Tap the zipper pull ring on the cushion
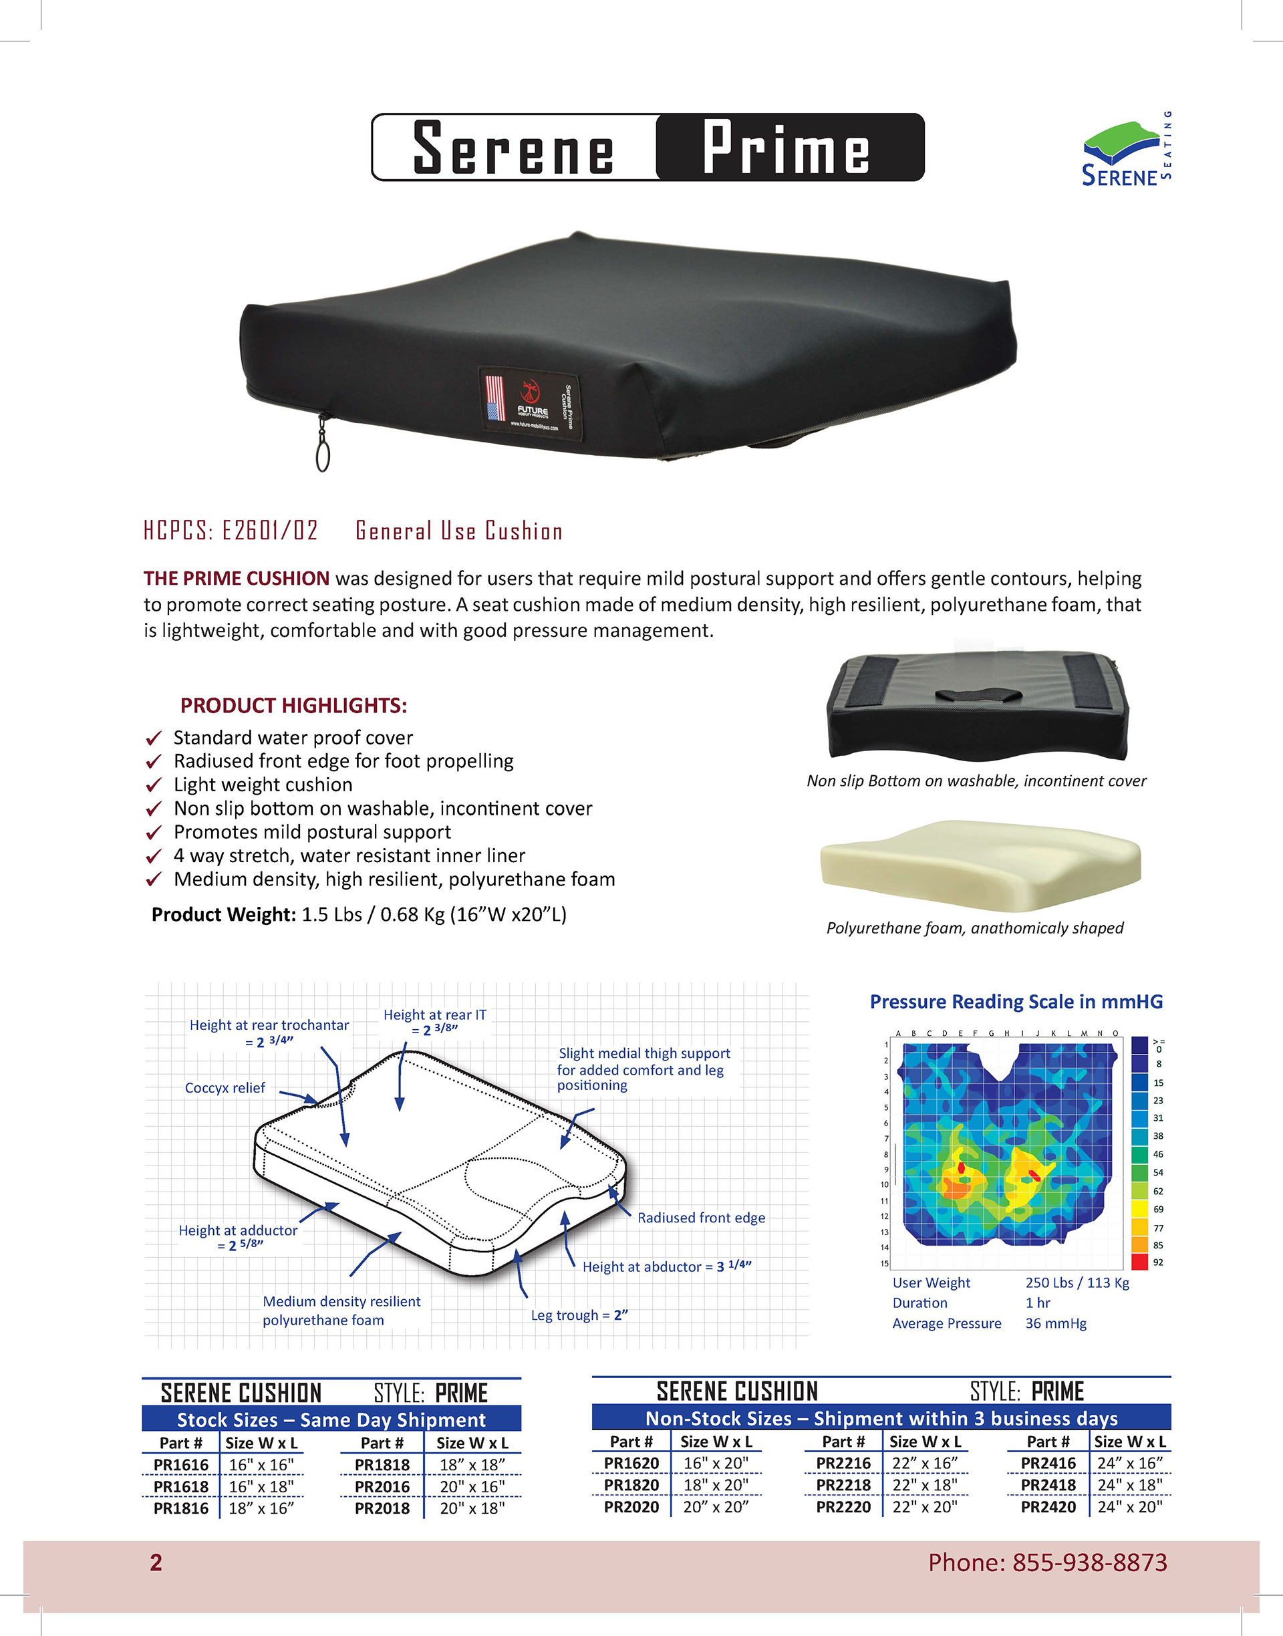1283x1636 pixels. click(x=323, y=454)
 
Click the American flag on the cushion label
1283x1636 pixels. click(x=495, y=398)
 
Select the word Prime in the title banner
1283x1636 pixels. click(x=787, y=148)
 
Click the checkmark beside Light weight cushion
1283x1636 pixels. click(x=154, y=785)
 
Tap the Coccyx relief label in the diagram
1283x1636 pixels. click(x=225, y=1088)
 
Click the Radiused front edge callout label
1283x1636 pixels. click(x=701, y=1218)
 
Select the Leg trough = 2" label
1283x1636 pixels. click(x=579, y=1315)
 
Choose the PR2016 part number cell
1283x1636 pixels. click(x=382, y=1486)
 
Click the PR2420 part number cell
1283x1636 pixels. click(x=1048, y=1506)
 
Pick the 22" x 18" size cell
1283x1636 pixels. click(x=925, y=1485)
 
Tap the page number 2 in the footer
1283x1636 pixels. click(x=156, y=1562)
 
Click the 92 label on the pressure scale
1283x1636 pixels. click(x=1157, y=1262)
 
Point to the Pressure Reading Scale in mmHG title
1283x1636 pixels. click(x=1016, y=1001)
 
